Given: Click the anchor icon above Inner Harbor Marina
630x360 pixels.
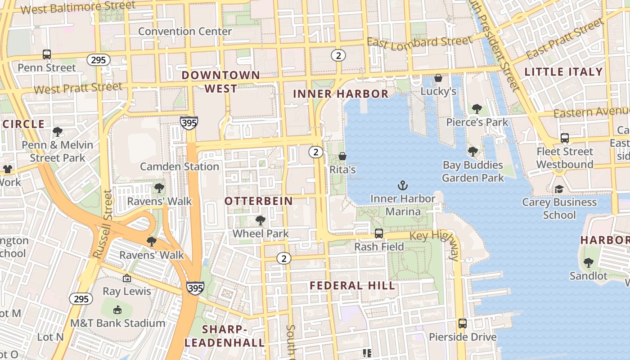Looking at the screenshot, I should [x=403, y=185].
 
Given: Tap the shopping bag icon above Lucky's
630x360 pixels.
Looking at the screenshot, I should [x=438, y=78].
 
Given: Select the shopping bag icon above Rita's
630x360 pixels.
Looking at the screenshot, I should [x=342, y=156].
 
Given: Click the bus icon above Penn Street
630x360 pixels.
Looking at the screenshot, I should [x=47, y=54].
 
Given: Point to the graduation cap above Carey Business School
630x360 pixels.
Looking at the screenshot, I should [x=559, y=189].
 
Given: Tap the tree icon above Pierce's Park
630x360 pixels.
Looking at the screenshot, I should [x=477, y=109].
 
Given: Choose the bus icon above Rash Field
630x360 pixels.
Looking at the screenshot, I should [x=379, y=234].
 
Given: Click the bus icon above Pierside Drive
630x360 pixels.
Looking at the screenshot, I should [x=462, y=324].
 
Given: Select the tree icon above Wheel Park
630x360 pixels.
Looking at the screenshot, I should [x=260, y=220].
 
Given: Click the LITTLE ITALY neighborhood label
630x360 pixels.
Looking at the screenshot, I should [x=563, y=72].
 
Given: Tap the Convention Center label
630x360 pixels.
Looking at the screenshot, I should [x=185, y=31].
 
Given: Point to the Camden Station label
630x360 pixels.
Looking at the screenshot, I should [x=180, y=166].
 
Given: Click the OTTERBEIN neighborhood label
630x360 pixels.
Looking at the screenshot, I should [x=259, y=201].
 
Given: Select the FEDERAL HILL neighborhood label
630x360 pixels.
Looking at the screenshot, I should [x=352, y=285].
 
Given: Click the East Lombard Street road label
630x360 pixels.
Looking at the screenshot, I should [x=419, y=42].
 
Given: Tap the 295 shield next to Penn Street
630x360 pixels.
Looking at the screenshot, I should [x=99, y=60].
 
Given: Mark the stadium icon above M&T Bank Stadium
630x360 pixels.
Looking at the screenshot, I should [x=117, y=310].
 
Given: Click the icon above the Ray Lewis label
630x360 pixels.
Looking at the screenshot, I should [x=127, y=278].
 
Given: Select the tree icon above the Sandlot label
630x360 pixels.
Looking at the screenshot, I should [x=588, y=262].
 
